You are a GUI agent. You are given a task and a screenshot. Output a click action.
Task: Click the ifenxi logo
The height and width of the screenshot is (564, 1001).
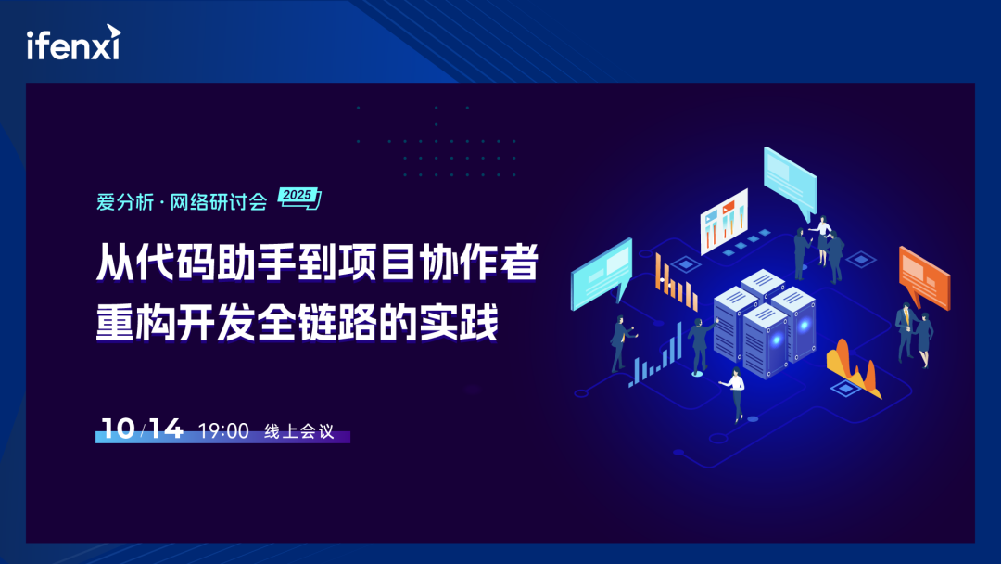(72, 44)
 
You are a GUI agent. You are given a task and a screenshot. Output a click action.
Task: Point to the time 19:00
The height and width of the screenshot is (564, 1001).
(223, 430)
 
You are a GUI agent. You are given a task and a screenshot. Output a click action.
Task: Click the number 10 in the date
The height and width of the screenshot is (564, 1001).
(117, 429)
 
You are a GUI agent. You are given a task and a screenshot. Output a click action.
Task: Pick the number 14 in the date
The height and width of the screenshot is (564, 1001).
(166, 429)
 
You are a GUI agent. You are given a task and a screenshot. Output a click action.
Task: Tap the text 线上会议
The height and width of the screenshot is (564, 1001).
(298, 431)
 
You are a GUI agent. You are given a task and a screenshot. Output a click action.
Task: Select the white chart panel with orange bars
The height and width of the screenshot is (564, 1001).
(724, 221)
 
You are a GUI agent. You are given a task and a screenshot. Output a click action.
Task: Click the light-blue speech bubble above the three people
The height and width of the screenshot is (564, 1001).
(790, 181)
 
